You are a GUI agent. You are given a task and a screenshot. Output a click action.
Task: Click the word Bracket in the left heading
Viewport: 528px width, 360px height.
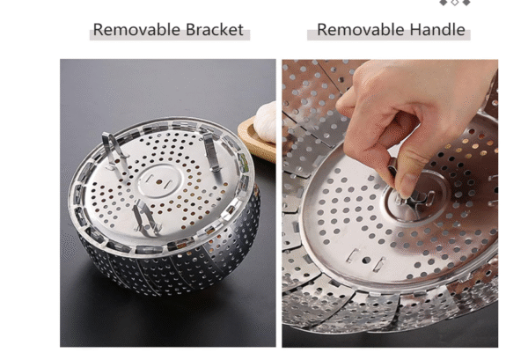coord(214,30)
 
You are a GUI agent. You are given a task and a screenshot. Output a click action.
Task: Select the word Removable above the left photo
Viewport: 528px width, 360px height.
coord(137,30)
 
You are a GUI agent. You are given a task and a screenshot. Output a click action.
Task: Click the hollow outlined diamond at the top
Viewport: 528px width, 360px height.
coord(455,3)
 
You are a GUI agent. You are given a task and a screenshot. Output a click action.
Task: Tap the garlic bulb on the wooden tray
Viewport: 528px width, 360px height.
coord(266,122)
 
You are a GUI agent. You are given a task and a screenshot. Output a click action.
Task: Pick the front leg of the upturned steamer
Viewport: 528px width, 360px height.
coord(145,217)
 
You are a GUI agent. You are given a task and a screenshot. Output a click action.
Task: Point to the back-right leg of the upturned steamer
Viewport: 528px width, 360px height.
coord(211,151)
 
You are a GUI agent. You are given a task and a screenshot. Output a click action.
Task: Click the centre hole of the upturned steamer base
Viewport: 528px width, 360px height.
coord(159,182)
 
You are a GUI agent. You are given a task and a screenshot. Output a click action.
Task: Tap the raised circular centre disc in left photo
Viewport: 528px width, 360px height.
coord(159,182)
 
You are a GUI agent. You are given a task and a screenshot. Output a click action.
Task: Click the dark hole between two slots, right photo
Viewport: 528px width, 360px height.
coord(366,261)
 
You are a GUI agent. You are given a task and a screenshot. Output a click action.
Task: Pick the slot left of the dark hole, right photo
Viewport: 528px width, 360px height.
coord(353,255)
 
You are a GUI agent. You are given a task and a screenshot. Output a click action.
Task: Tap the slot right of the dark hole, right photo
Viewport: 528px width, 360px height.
coord(379,264)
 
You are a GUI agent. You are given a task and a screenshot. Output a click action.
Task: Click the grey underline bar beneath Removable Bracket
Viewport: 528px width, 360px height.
coord(170,34)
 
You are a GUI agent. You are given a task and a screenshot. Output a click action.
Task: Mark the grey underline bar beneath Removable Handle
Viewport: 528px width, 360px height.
coord(389,34)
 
